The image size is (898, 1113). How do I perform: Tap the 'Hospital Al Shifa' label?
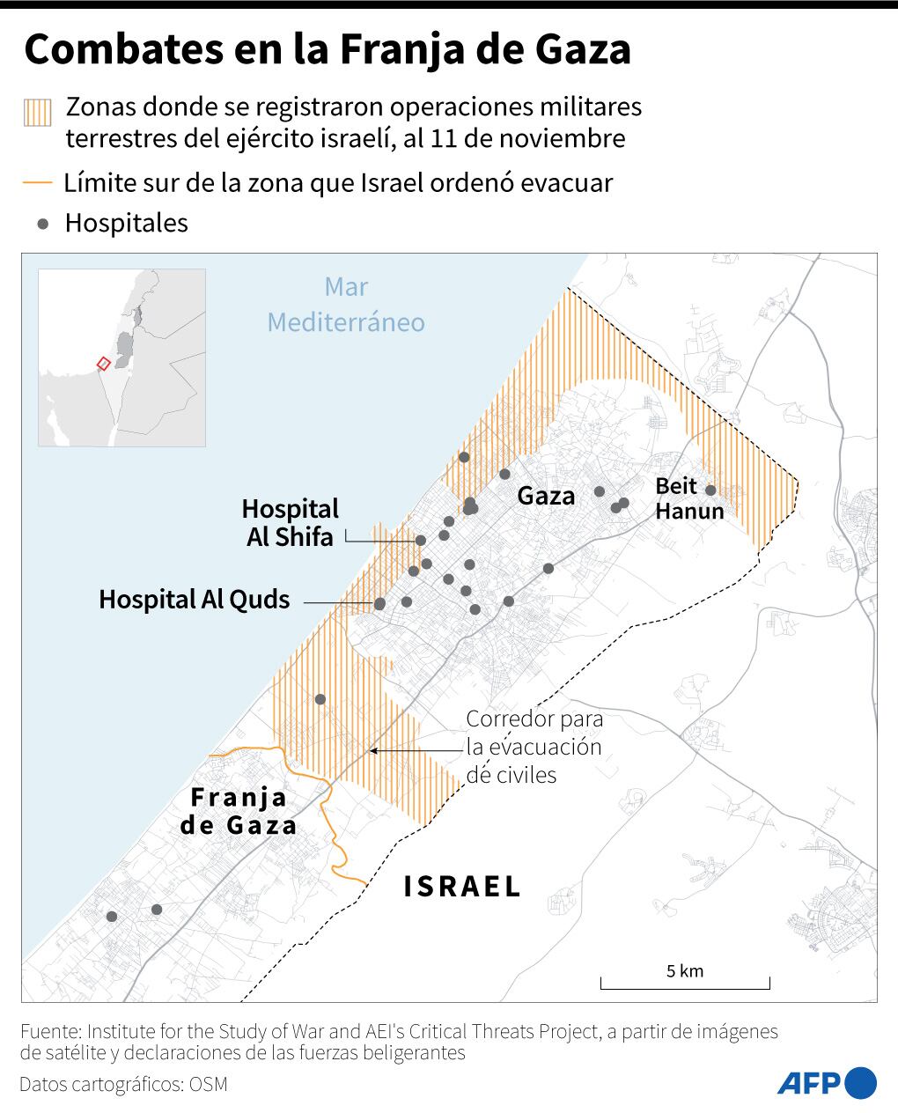click(x=290, y=522)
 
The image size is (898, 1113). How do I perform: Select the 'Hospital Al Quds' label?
click(x=194, y=600)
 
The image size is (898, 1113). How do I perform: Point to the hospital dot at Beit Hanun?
click(x=710, y=490)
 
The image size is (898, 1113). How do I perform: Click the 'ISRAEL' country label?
click(x=462, y=886)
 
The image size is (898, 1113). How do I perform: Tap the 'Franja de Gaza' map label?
click(x=239, y=811)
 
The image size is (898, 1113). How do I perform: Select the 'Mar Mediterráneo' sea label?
click(x=346, y=305)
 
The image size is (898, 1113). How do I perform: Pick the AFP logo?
click(x=827, y=1082)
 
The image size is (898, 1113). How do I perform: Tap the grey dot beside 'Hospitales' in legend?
click(x=42, y=224)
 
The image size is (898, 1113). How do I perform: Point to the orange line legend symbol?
click(x=38, y=184)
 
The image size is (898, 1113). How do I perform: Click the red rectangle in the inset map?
click(x=103, y=362)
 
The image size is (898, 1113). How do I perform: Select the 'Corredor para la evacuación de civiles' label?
click(x=534, y=747)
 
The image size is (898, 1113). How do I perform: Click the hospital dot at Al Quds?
click(x=379, y=604)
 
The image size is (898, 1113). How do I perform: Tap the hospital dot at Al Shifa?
click(x=421, y=541)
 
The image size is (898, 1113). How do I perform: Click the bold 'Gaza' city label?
click(x=546, y=496)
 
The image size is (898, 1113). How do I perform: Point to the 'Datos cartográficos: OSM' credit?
click(x=123, y=1084)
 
